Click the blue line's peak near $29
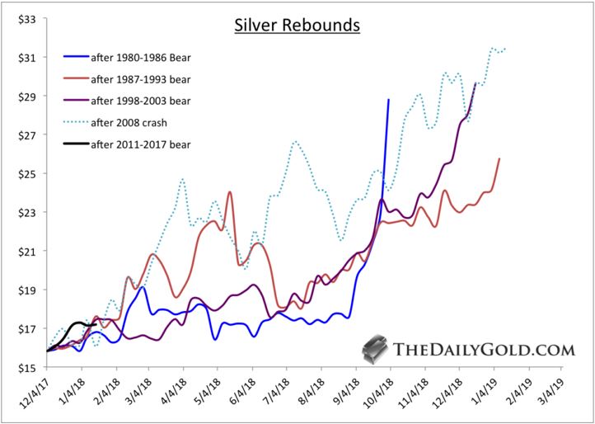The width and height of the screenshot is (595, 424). (x=388, y=100)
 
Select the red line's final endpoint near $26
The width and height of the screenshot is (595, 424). (x=499, y=158)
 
